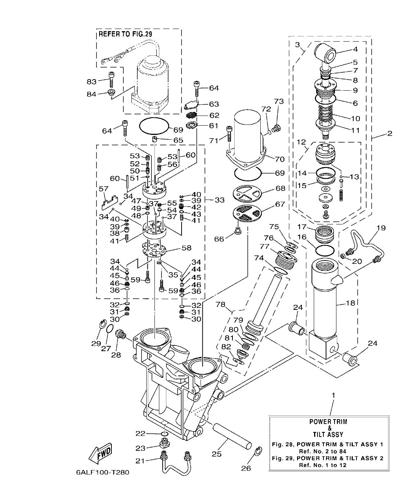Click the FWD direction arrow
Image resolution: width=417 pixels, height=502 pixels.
click(101, 454)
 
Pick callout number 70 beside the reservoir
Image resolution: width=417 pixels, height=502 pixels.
click(280, 159)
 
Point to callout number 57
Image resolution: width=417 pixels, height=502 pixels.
click(103, 190)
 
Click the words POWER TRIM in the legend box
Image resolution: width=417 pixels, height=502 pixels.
click(329, 422)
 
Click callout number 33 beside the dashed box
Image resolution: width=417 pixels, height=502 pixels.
click(219, 200)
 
